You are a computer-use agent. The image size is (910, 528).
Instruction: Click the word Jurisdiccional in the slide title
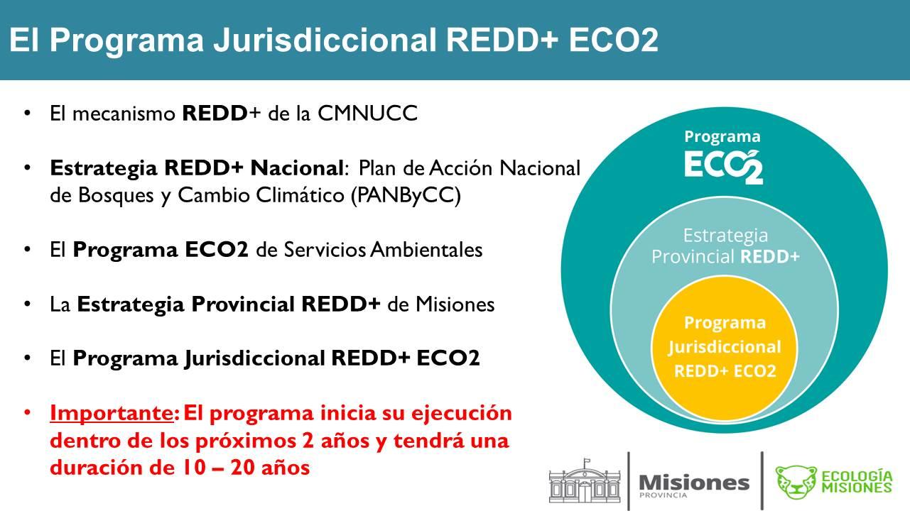[x=325, y=41]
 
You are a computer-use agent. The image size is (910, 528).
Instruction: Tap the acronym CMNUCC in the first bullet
[x=367, y=114]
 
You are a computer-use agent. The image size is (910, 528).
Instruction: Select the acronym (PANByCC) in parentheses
[x=406, y=196]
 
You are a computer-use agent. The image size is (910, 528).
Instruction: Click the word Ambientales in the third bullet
[x=426, y=250]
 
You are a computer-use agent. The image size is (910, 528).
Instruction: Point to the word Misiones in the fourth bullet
[x=455, y=304]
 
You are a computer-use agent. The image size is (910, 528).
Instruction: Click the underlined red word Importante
[x=112, y=413]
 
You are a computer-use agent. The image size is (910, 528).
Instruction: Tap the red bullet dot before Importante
[x=28, y=413]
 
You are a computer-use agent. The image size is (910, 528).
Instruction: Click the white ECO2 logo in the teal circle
[x=724, y=167]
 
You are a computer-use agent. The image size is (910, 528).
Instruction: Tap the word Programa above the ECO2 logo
[x=722, y=137]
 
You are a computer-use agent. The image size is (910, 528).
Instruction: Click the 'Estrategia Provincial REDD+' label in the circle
[x=725, y=246]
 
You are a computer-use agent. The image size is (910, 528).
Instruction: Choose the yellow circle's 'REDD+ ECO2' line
[x=725, y=371]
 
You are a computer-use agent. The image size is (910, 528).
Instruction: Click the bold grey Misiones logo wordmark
[x=694, y=483]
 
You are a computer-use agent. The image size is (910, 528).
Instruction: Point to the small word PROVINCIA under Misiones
[x=663, y=495]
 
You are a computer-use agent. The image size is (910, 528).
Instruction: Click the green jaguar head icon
[x=796, y=482]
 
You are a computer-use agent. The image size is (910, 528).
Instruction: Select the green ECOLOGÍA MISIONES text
[x=857, y=482]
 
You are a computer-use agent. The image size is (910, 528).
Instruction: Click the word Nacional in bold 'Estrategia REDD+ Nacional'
[x=298, y=168]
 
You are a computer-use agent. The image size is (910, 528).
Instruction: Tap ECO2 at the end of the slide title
[x=614, y=41]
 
